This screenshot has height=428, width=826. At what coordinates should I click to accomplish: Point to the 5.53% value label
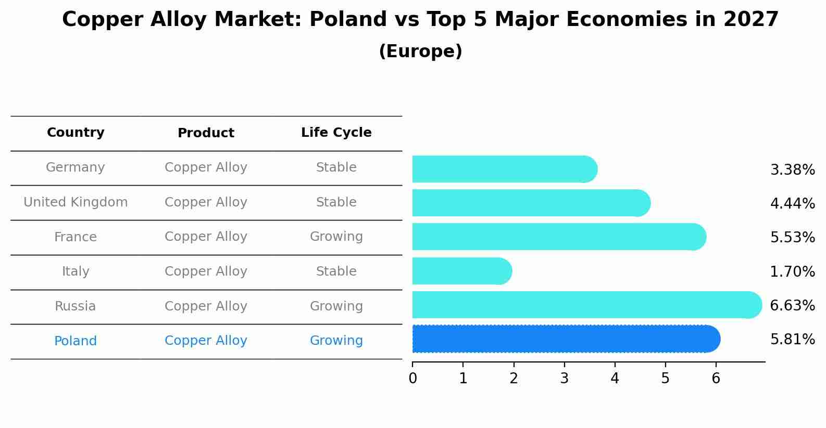click(792, 238)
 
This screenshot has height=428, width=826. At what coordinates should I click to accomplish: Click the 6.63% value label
click(792, 306)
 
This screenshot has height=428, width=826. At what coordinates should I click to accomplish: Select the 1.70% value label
click(792, 272)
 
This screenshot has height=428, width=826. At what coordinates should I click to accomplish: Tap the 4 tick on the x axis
click(615, 379)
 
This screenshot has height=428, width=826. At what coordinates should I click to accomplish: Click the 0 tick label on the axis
click(413, 379)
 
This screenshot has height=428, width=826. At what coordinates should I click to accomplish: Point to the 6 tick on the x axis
click(716, 379)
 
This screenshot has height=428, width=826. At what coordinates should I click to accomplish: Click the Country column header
click(76, 133)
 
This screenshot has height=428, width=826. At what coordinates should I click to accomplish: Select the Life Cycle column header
click(336, 133)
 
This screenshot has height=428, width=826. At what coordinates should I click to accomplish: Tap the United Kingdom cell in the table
click(76, 202)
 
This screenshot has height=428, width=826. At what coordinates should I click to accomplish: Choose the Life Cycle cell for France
click(336, 237)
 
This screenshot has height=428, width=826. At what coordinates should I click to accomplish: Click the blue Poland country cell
click(76, 341)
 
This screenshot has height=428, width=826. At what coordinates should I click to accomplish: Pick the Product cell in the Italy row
click(206, 271)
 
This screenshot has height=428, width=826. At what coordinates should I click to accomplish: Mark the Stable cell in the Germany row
click(336, 167)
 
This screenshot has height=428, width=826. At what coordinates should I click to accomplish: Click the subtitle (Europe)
click(420, 51)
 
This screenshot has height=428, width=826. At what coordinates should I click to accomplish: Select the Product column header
click(206, 133)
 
